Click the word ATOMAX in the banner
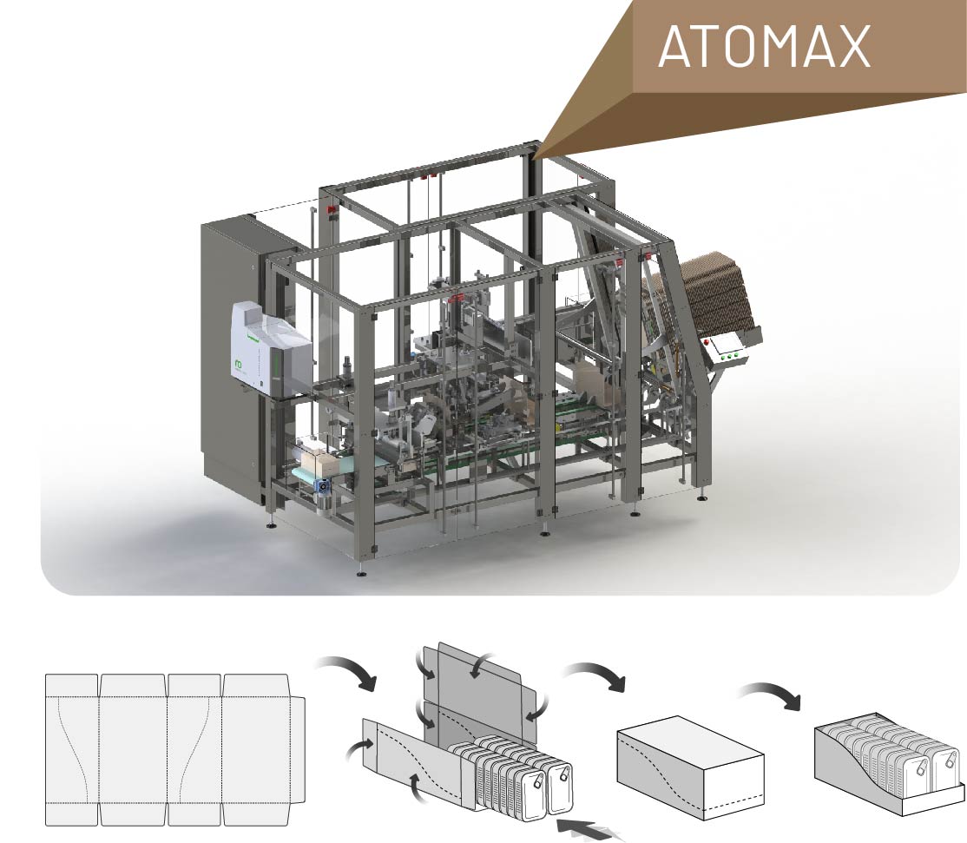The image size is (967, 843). tap(764, 46)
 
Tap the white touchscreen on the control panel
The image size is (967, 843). tap(726, 344)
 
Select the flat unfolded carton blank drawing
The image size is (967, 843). tap(175, 749)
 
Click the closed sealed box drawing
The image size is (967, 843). tap(691, 767)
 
